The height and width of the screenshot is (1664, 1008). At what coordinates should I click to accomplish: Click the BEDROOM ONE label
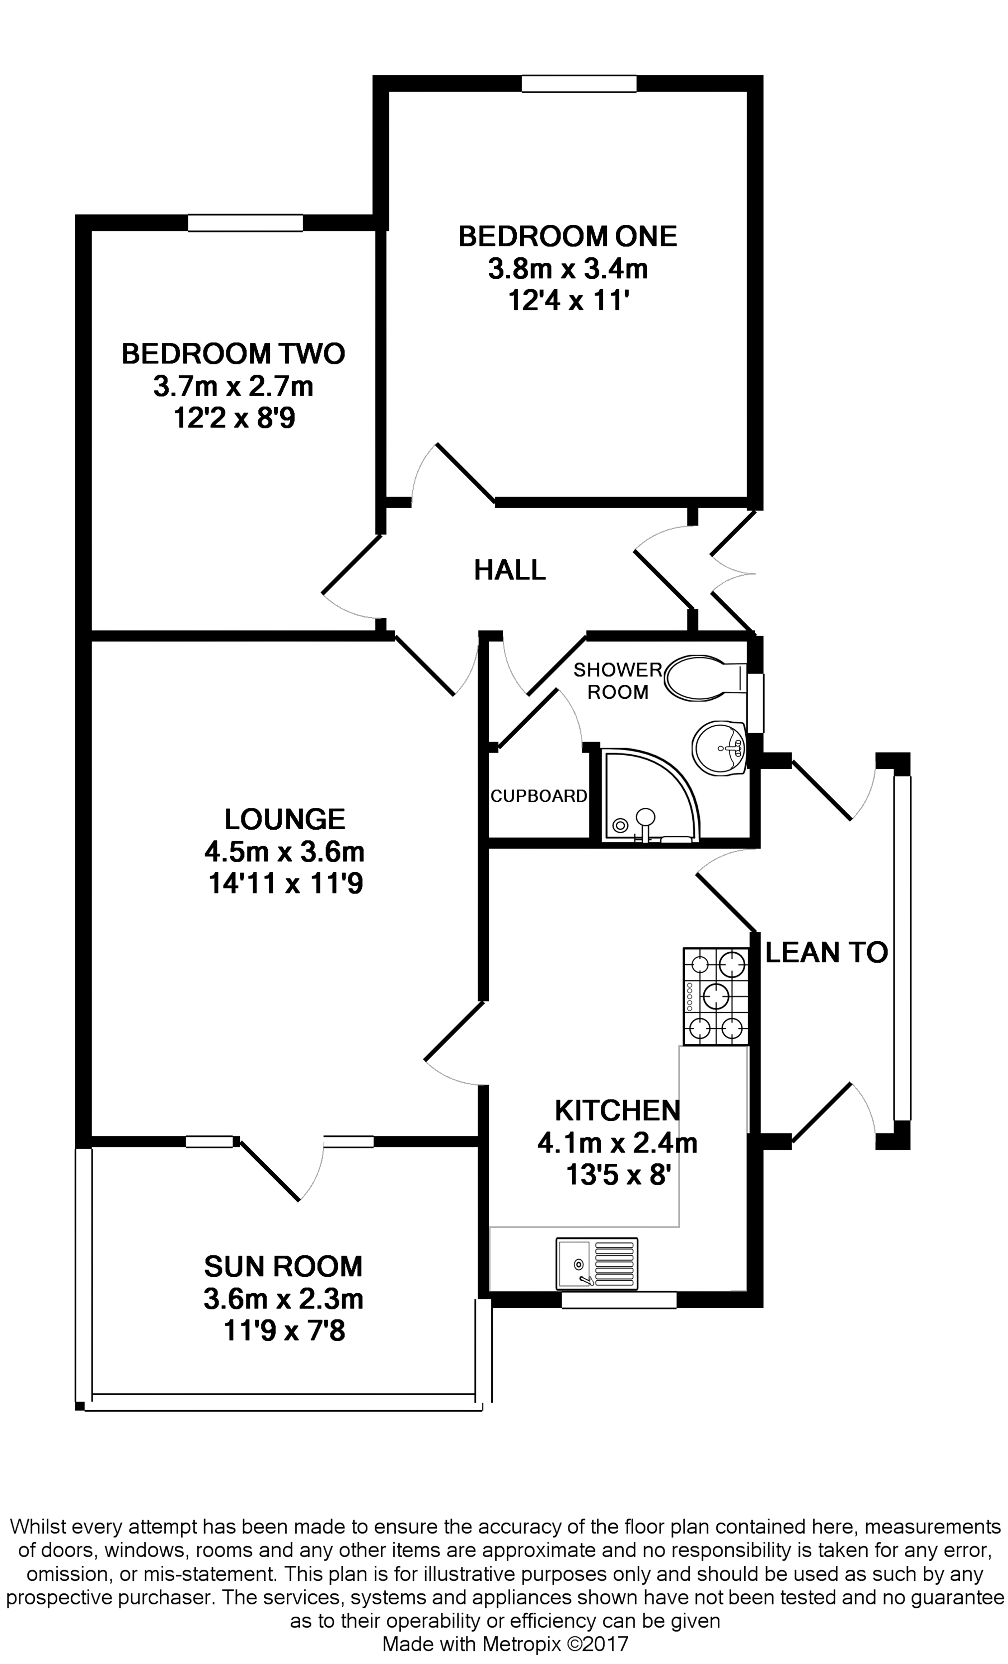[567, 236]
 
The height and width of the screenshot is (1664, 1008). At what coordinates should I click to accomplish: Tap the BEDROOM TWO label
[233, 354]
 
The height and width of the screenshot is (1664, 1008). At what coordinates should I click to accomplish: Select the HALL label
[510, 570]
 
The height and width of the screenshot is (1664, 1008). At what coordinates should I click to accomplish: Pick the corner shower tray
[648, 797]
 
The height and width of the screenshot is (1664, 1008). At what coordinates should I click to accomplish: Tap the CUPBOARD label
[538, 796]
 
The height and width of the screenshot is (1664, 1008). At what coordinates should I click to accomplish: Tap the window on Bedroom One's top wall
[578, 83]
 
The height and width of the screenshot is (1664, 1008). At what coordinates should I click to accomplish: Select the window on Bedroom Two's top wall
[245, 223]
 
